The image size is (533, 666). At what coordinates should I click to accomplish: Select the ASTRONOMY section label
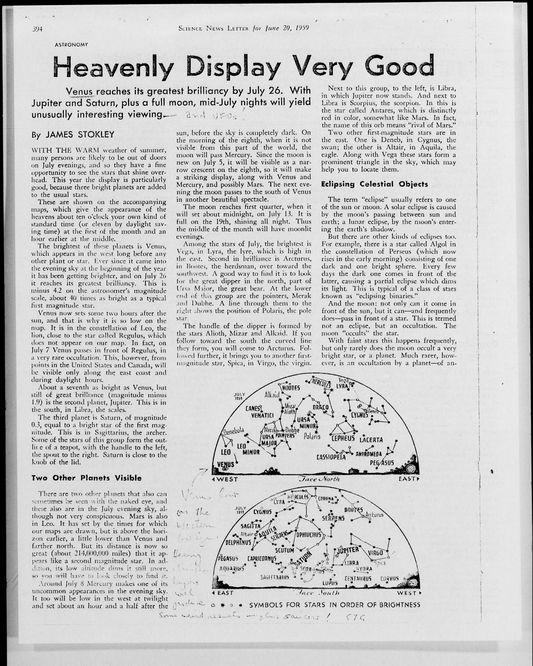click(x=71, y=44)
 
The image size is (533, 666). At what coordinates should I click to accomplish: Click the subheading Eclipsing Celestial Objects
click(x=374, y=184)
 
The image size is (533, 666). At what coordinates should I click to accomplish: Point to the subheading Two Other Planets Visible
click(x=87, y=478)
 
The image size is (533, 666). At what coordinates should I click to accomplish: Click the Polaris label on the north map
click(x=312, y=436)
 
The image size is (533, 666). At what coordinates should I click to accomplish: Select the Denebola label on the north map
click(x=234, y=431)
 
